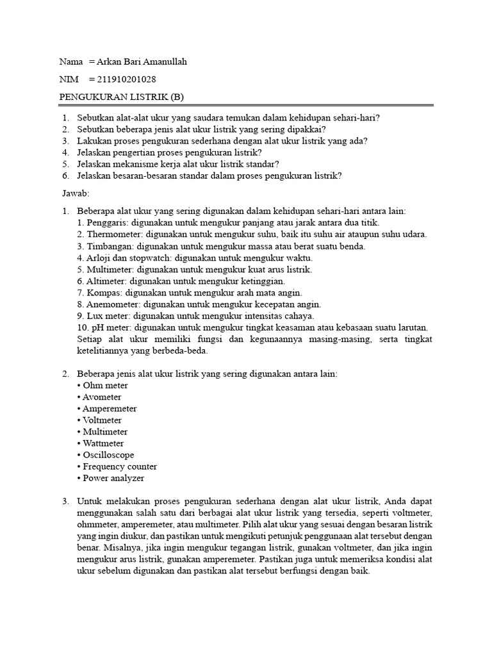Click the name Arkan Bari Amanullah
[x=142, y=61]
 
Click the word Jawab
[x=74, y=192]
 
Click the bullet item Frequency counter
[x=120, y=466]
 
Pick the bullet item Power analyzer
[x=113, y=478]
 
